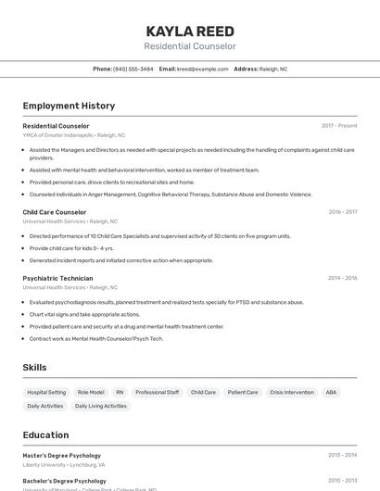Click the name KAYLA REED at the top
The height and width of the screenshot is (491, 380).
[190, 31]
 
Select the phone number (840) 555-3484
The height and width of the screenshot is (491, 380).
[133, 69]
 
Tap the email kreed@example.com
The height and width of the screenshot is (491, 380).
[202, 69]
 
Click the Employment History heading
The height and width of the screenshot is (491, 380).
[69, 106]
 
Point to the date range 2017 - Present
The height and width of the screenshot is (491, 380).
[339, 126]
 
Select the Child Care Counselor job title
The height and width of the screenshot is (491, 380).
[55, 212]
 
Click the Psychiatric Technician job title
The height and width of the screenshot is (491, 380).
[58, 278]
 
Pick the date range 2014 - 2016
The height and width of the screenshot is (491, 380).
[342, 278]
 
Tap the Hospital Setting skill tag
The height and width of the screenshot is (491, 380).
[46, 392]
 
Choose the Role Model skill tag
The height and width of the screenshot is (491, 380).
[91, 392]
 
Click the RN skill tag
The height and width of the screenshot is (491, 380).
[120, 392]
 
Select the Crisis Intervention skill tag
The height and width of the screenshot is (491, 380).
[292, 392]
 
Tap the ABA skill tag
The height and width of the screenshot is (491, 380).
[331, 392]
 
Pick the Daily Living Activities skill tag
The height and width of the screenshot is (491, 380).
[101, 406]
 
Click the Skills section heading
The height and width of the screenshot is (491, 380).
[34, 368]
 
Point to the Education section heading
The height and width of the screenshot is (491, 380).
[45, 434]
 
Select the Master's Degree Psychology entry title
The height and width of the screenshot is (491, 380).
[61, 456]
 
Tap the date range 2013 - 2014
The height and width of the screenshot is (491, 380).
[342, 456]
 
